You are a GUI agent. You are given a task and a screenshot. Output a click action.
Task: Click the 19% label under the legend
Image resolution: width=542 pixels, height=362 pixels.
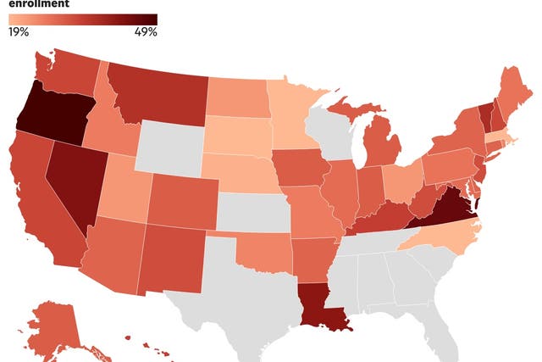pos(19,32)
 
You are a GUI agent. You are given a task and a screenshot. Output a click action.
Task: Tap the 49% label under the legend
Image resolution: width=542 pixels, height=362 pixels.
pos(145,32)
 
